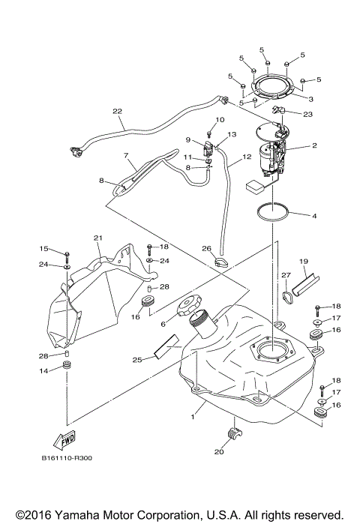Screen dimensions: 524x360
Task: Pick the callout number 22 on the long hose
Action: pos(117,112)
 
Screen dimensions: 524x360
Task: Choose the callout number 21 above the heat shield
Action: pos(97,238)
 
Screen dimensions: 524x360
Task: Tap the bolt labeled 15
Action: pos(67,254)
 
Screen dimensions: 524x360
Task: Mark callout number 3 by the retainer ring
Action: pos(310,98)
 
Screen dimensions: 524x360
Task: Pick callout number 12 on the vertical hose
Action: pos(246,158)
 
